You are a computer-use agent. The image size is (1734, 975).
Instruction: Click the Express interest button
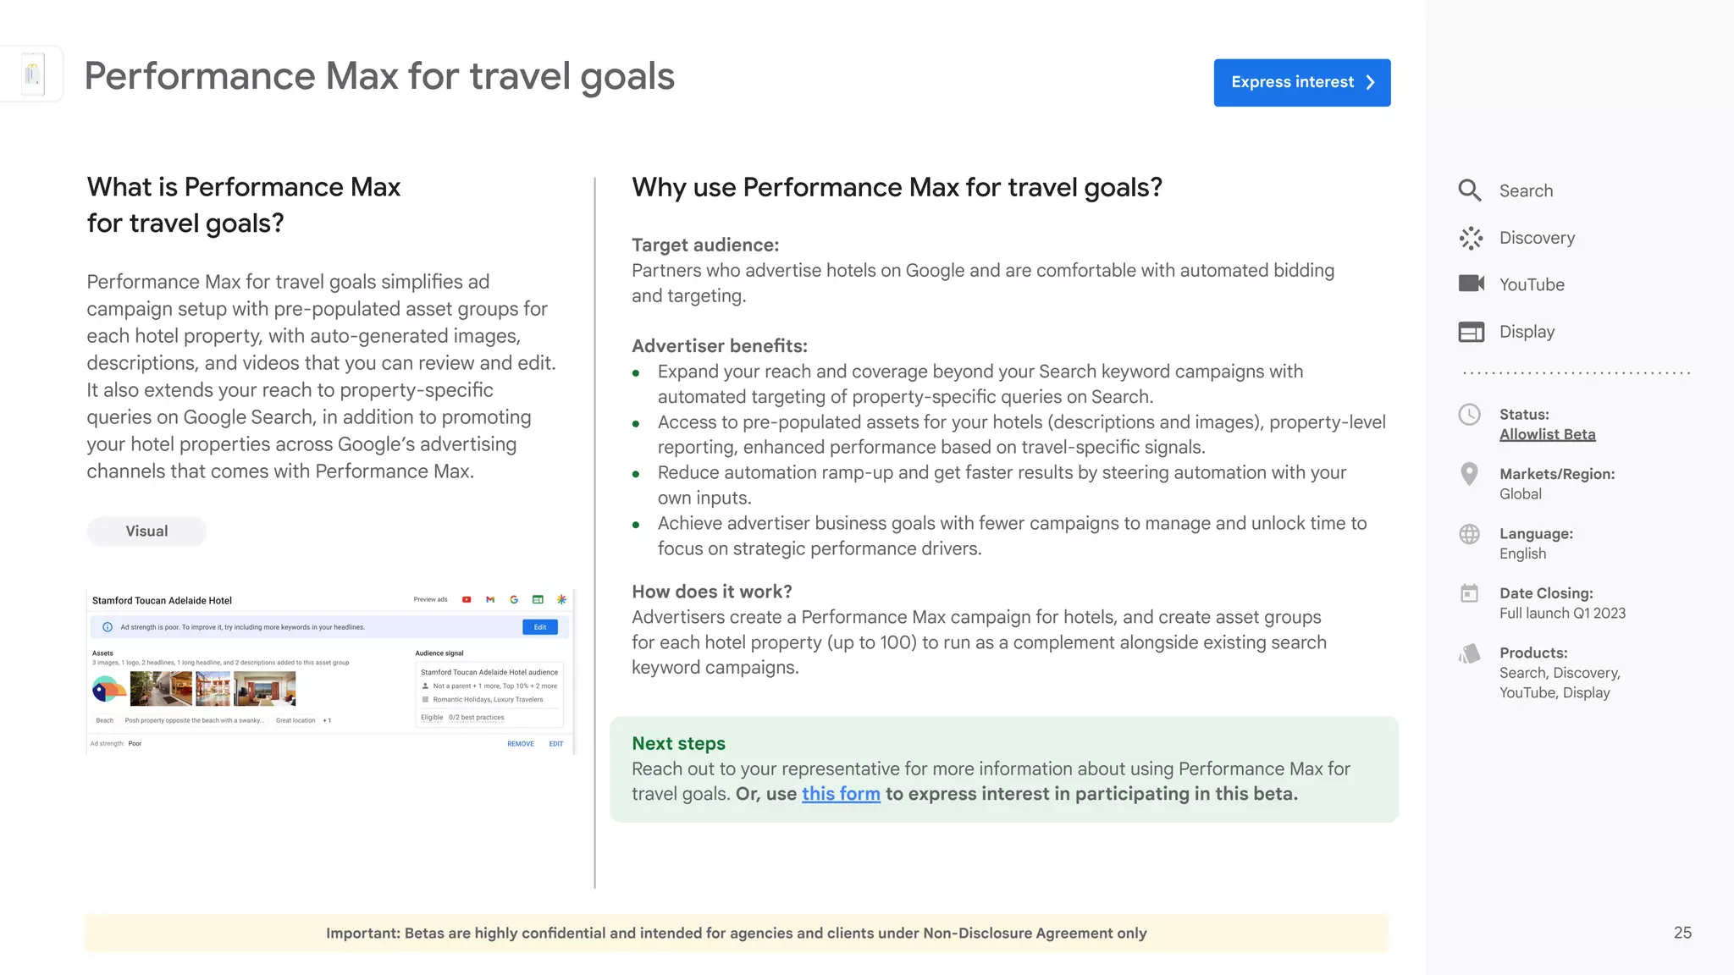1301,82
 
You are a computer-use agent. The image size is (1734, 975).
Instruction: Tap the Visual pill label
146,532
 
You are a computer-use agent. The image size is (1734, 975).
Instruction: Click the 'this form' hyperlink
841,794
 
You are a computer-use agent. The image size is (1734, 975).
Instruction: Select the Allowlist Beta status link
1547,434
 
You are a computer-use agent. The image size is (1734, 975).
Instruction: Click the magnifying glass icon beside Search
1470,190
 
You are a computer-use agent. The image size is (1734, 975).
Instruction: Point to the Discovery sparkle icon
1471,238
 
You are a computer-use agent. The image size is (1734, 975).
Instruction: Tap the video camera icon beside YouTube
1471,284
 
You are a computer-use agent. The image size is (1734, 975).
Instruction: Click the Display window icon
1471,332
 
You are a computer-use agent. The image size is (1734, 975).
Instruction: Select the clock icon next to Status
1470,415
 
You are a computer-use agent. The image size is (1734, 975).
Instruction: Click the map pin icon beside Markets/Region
1470,474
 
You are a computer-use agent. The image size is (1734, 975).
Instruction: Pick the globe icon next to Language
1470,534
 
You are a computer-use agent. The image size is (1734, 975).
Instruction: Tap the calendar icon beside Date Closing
1470,593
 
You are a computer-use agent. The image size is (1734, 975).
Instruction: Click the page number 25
1682,933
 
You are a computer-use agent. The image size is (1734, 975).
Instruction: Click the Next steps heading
678,743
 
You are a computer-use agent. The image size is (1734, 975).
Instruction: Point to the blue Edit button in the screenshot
540,627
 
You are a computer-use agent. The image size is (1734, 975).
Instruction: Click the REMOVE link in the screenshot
521,744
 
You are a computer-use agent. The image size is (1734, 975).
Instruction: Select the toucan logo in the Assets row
108,690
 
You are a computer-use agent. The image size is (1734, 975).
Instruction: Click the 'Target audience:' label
705,245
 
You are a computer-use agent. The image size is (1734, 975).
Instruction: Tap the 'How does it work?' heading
712,592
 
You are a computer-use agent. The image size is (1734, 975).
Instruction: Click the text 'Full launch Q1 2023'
1562,614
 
